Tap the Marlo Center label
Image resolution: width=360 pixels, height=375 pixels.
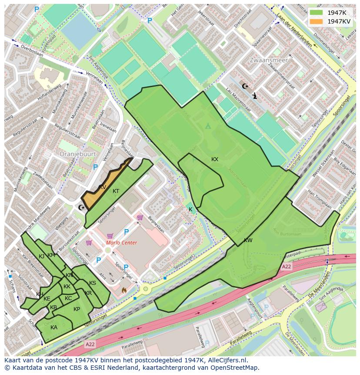(122, 243)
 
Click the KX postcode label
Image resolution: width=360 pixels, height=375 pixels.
(215, 159)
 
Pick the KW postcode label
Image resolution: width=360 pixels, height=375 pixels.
(248, 240)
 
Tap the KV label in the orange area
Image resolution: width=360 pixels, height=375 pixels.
(103, 187)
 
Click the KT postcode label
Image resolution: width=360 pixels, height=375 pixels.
(116, 191)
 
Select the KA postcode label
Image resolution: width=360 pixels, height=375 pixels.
(54, 328)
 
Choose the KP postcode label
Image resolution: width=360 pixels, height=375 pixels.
(77, 309)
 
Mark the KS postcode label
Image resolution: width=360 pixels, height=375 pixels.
(93, 283)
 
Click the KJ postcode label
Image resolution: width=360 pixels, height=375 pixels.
(42, 257)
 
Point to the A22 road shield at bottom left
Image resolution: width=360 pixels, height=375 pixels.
(90, 344)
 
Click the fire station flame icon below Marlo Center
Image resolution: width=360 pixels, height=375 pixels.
(124, 289)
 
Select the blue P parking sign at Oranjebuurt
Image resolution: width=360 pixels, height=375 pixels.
(96, 167)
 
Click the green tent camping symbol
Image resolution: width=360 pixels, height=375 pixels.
(208, 126)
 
